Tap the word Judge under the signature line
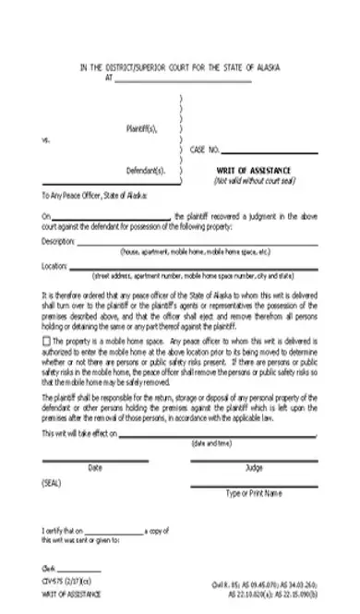(x=253, y=468)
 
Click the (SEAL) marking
(x=51, y=484)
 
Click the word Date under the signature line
(x=94, y=468)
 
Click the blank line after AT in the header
(x=184, y=79)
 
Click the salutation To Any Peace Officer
(x=93, y=197)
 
